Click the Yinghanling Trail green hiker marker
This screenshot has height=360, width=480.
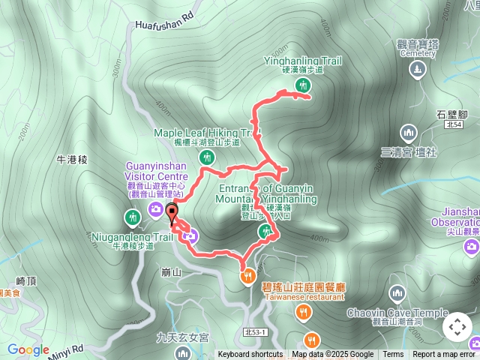pyautogui.click(x=302, y=85)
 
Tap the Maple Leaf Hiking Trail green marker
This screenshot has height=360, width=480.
pyautogui.click(x=206, y=157)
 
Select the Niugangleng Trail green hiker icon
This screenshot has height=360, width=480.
pyautogui.click(x=133, y=217)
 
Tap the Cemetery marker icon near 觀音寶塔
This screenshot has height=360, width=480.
pyautogui.click(x=417, y=70)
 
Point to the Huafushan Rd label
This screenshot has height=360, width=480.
pyautogui.click(x=164, y=24)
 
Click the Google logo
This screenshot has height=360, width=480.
pyautogui.click(x=28, y=349)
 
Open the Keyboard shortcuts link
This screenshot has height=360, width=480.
pyautogui.click(x=250, y=355)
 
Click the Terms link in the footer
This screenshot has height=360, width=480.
pyautogui.click(x=393, y=355)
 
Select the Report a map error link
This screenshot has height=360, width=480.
pyautogui.click(x=444, y=355)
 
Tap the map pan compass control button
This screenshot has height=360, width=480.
pyautogui.click(x=457, y=327)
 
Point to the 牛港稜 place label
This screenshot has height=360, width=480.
pyautogui.click(x=73, y=159)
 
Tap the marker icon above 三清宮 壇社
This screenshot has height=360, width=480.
pyautogui.click(x=409, y=133)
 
